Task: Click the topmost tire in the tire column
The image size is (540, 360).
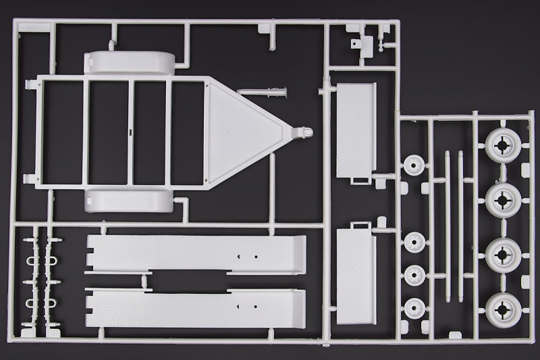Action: [x=503, y=144]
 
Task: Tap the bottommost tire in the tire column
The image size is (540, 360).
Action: [x=503, y=308]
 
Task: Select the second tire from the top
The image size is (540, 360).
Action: [x=503, y=199]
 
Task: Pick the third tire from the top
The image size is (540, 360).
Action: [x=503, y=253]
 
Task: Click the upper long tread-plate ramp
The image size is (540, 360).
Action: [x=196, y=253]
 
